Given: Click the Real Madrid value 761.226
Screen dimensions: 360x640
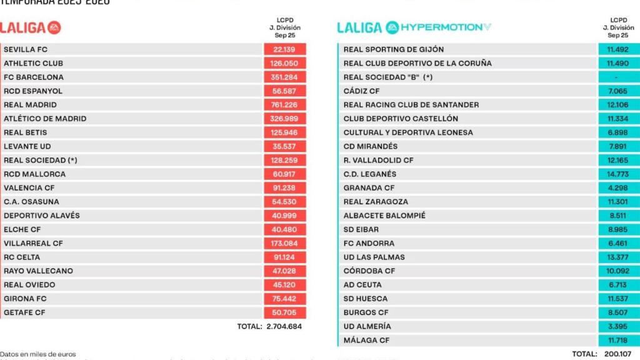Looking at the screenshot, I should (x=284, y=105).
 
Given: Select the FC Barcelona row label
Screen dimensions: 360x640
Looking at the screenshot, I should (x=34, y=77).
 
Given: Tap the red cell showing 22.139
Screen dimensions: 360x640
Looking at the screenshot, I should (x=284, y=49).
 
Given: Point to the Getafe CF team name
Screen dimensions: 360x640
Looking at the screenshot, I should (x=25, y=312).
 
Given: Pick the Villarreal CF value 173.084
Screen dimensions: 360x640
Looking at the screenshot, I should (x=284, y=243).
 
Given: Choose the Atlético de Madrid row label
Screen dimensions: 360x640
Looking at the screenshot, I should (x=45, y=119).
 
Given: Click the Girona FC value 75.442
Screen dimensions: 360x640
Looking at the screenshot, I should (x=284, y=299).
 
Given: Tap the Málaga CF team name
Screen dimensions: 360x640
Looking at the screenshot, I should (x=366, y=340).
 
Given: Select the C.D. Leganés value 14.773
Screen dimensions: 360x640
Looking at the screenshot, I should (x=616, y=174).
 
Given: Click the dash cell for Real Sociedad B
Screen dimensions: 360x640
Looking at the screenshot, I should (x=616, y=77).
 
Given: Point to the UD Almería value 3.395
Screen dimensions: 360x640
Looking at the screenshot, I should (x=616, y=326).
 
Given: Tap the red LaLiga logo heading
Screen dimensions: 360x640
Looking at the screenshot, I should (x=30, y=28).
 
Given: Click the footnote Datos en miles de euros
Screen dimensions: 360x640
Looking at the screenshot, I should (x=38, y=354).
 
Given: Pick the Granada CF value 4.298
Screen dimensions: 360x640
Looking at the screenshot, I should (x=616, y=187).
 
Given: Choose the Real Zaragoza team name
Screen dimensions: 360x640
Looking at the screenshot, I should (x=376, y=202).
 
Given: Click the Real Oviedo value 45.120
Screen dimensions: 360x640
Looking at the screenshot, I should (x=284, y=285).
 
